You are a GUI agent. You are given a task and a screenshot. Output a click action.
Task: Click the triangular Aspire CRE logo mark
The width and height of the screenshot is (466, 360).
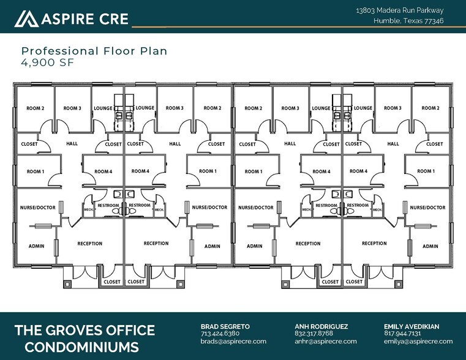coord(26,19)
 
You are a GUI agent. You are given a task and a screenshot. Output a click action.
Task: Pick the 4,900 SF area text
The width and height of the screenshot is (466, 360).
coord(45,61)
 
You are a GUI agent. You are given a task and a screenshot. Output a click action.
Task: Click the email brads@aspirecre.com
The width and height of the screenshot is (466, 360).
coord(233,341)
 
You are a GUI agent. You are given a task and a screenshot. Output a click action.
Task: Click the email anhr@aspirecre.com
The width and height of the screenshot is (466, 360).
coord(322,341)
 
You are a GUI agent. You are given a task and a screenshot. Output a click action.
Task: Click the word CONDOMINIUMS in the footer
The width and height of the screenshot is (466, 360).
coord(77,348)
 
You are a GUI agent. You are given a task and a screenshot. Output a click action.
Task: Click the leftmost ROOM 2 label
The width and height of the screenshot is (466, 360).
coord(35,108)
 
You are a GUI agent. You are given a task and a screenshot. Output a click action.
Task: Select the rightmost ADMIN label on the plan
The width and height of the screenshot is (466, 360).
coord(430,246)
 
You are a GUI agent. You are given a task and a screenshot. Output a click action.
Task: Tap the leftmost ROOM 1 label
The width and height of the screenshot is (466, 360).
coord(35,171)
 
